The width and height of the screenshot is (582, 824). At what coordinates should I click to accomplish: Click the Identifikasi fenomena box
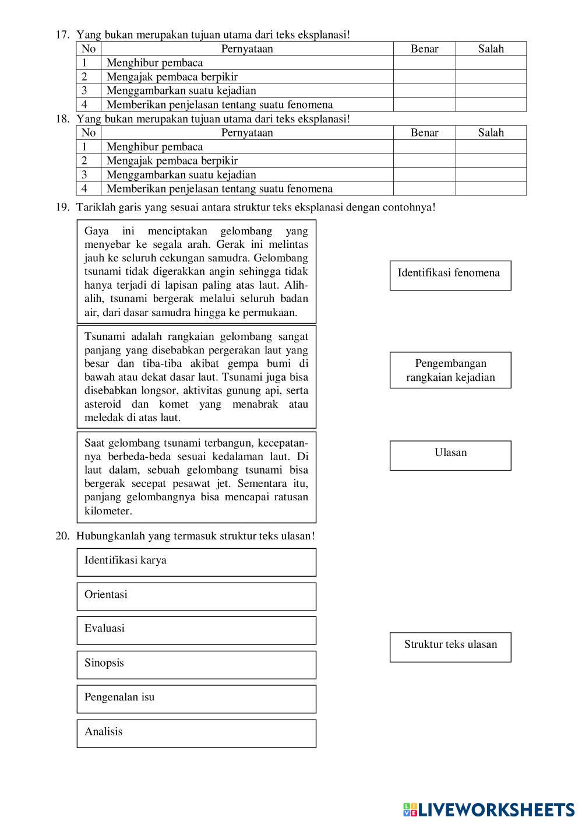tap(450, 275)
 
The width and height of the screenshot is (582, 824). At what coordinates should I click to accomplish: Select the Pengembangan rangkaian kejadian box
tap(450, 370)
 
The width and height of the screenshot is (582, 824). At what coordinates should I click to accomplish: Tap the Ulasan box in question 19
tap(450, 455)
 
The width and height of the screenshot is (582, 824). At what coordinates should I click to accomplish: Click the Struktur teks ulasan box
tap(450, 647)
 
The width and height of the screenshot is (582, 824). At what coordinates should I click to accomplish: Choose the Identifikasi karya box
tap(196, 562)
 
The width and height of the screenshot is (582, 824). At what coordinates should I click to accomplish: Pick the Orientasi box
tap(196, 596)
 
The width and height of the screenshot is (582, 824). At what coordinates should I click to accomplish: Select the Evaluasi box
tap(196, 630)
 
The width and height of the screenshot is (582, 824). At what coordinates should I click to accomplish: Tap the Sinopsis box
tap(196, 664)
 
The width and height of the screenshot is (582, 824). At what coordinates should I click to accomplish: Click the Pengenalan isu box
tap(196, 699)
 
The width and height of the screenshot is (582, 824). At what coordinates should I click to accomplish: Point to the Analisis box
tap(196, 733)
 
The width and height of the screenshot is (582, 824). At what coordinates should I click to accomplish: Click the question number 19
tap(62, 207)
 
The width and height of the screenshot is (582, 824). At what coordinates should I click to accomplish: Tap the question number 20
tap(62, 535)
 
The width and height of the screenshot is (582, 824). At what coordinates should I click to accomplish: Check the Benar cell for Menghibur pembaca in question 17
tap(424, 62)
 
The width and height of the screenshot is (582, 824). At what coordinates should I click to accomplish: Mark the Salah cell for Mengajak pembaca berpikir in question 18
tap(491, 160)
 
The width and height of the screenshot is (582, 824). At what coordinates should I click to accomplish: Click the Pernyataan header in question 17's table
tap(247, 48)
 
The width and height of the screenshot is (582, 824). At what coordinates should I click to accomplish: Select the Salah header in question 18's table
tap(491, 132)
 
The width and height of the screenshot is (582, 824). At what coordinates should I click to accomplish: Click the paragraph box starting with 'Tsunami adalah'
tap(196, 377)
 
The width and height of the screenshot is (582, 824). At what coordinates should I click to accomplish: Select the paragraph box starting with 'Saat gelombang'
tap(196, 476)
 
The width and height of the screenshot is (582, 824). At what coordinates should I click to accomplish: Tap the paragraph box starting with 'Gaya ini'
tap(196, 271)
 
